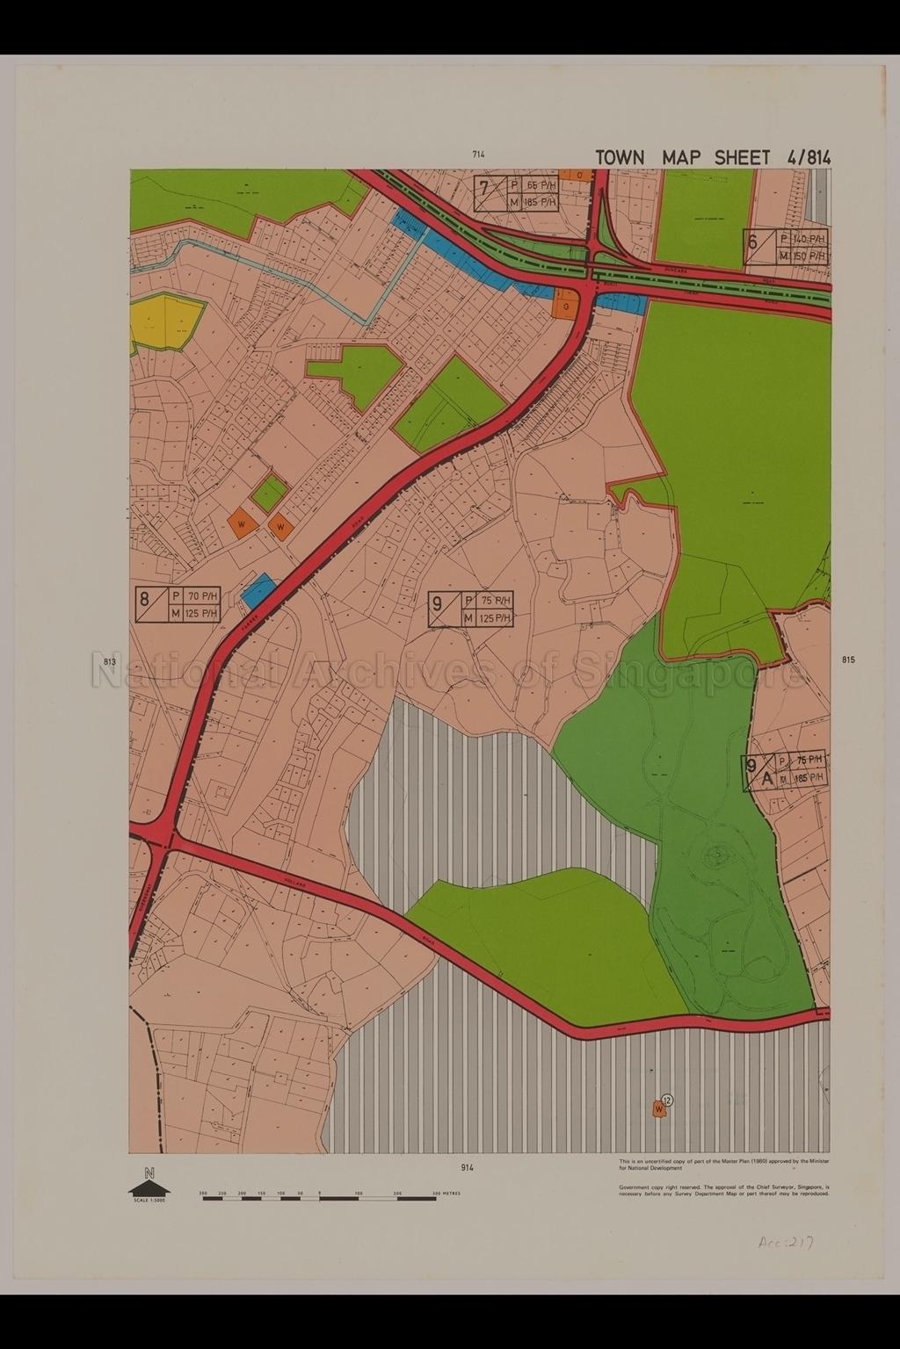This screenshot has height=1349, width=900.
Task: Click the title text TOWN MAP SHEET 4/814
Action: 712,157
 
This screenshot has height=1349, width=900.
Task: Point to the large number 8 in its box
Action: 143,602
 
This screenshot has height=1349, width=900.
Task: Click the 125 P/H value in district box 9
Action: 495,618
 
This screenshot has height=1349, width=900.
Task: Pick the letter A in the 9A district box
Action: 766,777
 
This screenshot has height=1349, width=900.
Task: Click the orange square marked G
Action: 566,307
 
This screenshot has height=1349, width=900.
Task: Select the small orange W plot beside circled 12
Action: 657,1110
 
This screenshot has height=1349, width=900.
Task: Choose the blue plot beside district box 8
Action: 258,590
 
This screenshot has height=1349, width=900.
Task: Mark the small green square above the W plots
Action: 270,494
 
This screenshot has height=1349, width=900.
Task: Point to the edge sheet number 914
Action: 466,1167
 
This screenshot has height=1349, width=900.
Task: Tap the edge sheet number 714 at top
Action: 478,155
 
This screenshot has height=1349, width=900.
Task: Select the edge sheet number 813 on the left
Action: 110,660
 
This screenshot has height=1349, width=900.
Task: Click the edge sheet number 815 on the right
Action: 847,660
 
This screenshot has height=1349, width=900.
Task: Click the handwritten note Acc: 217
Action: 784,1243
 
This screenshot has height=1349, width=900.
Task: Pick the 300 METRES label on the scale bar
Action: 446,1194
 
